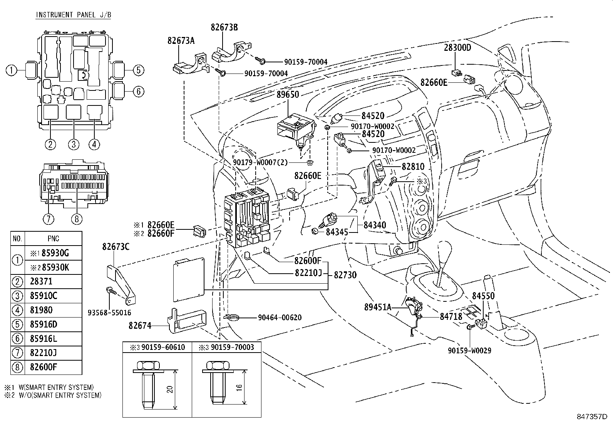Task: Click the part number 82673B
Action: point(224,27)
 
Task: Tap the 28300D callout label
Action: point(457,48)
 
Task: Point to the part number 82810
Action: point(413,167)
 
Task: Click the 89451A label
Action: point(378,307)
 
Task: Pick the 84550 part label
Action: point(483,296)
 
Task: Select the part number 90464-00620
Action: point(280,318)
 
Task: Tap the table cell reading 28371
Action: point(41,281)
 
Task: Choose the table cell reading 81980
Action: point(41,310)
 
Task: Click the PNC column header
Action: point(53,239)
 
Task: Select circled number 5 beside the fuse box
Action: point(139,70)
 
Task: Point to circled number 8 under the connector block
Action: point(76,219)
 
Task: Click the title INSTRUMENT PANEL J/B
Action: point(71,15)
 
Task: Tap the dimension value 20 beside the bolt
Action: point(169,389)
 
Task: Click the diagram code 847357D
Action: point(591,417)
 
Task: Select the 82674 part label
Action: point(140,326)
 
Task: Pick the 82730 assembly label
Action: point(345,275)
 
